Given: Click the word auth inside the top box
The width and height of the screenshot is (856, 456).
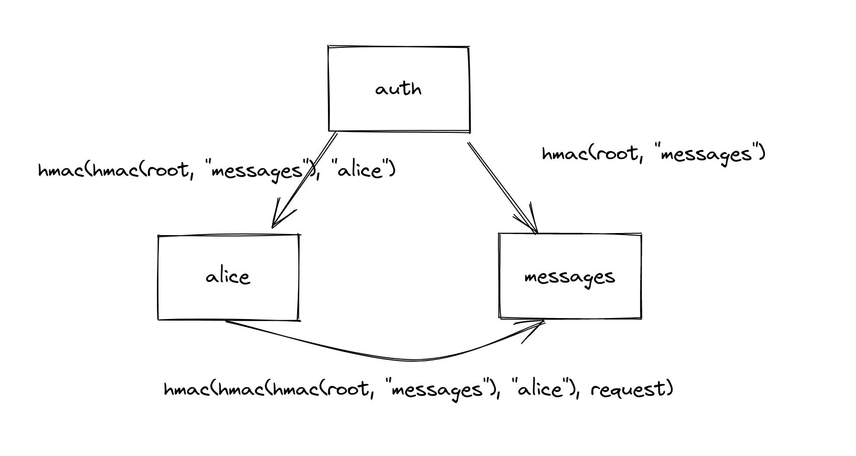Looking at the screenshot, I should point(398,90).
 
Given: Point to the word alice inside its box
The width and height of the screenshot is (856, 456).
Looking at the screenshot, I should point(228,277).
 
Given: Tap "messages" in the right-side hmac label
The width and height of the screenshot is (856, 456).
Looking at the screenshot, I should point(708,154).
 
